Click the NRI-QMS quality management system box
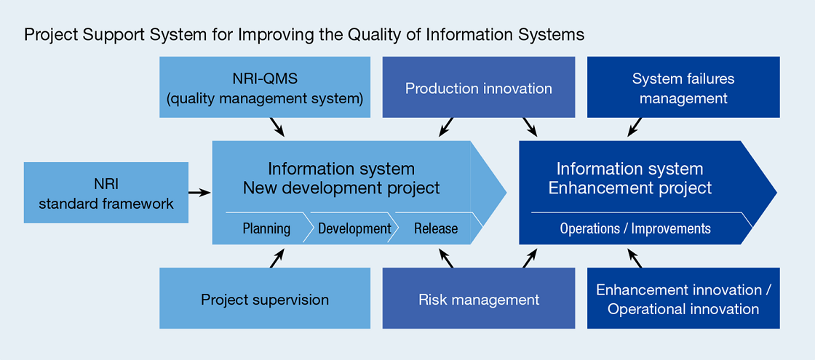(265, 87)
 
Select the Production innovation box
(478, 88)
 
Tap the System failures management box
(683, 87)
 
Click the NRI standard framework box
(106, 193)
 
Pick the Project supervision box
(265, 299)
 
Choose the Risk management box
(478, 299)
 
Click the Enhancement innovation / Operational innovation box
(683, 299)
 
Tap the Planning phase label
(266, 228)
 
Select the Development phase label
(354, 228)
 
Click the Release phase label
(436, 228)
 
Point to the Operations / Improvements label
(635, 228)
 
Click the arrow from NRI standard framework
(199, 193)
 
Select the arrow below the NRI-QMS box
(277, 127)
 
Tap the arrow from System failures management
(635, 127)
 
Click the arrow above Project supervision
(277, 257)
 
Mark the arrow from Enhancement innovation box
(635, 257)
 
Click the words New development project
(341, 188)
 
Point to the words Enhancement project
(629, 188)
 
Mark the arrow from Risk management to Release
(446, 257)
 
